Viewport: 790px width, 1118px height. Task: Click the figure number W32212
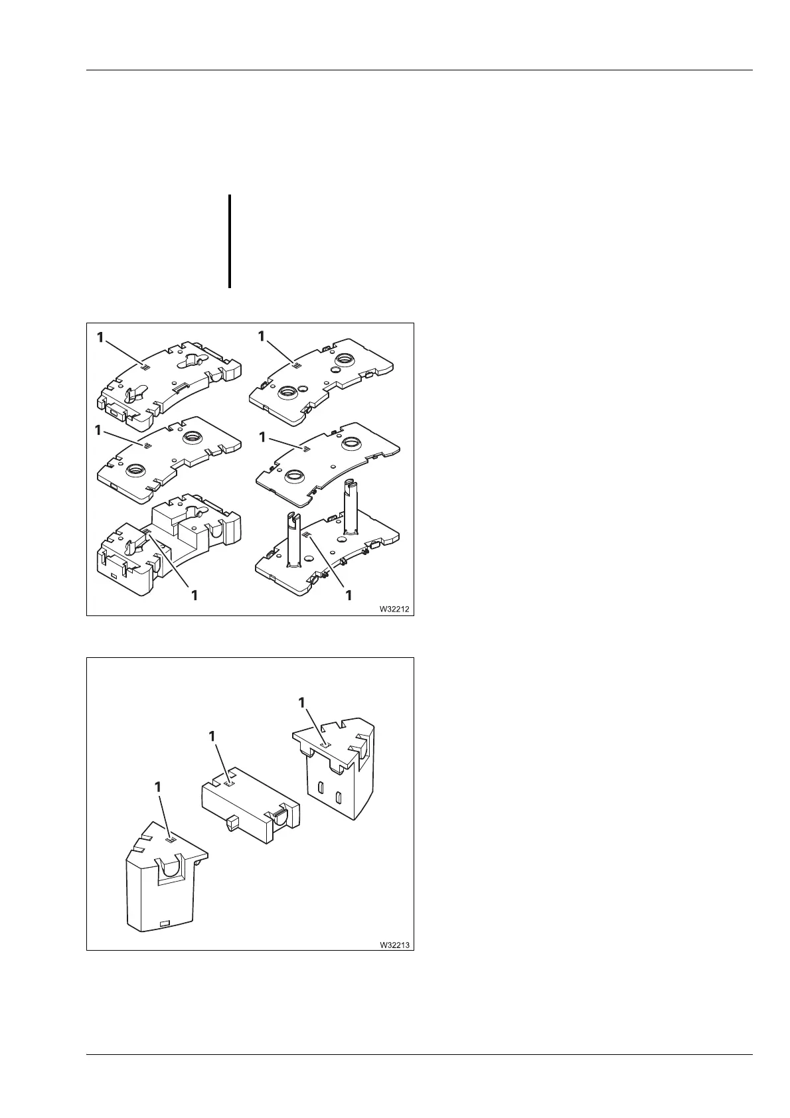tap(394, 608)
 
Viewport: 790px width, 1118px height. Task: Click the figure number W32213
tap(394, 943)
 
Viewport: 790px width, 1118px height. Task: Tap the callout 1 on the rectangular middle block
tap(212, 736)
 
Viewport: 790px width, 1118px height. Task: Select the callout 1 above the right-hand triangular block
tap(303, 702)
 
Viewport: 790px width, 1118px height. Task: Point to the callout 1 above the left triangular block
tap(158, 786)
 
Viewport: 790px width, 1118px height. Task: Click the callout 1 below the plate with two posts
tap(349, 596)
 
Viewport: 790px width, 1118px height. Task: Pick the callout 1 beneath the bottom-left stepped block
tap(195, 596)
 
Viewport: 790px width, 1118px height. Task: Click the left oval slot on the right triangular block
tap(321, 789)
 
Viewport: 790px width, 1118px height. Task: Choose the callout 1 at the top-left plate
tap(100, 337)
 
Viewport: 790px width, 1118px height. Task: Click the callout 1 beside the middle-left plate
tap(98, 430)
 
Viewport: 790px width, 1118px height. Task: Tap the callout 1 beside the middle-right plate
tap(263, 437)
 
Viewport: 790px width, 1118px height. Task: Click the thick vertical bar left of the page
tap(229, 241)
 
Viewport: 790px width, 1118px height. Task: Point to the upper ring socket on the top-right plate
tap(345, 360)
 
